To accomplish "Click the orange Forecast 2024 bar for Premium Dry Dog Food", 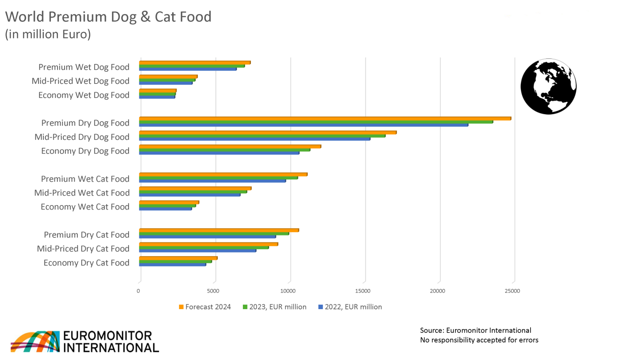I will coord(325,119).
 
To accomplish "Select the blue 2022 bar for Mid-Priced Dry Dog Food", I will coord(254,139).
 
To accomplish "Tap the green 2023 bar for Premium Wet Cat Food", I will coord(218,177).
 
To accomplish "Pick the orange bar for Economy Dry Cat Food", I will coord(178,258).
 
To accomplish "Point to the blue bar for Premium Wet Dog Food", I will coord(188,69).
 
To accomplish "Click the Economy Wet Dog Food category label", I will coord(84,95).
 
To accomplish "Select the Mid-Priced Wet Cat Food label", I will coord(82,193).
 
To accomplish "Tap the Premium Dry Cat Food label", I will coord(86,235).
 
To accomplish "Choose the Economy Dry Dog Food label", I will coord(85,151).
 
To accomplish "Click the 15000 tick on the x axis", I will coord(362,291).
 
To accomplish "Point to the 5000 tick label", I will coord(213,291).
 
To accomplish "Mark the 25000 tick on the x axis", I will coord(512,291).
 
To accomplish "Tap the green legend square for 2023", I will coord(245,307).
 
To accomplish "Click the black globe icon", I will coord(548,87).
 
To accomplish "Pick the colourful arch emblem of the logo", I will coord(35,341).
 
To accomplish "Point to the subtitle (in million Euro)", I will coord(48,34).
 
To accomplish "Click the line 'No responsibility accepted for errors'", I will coord(479,340).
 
